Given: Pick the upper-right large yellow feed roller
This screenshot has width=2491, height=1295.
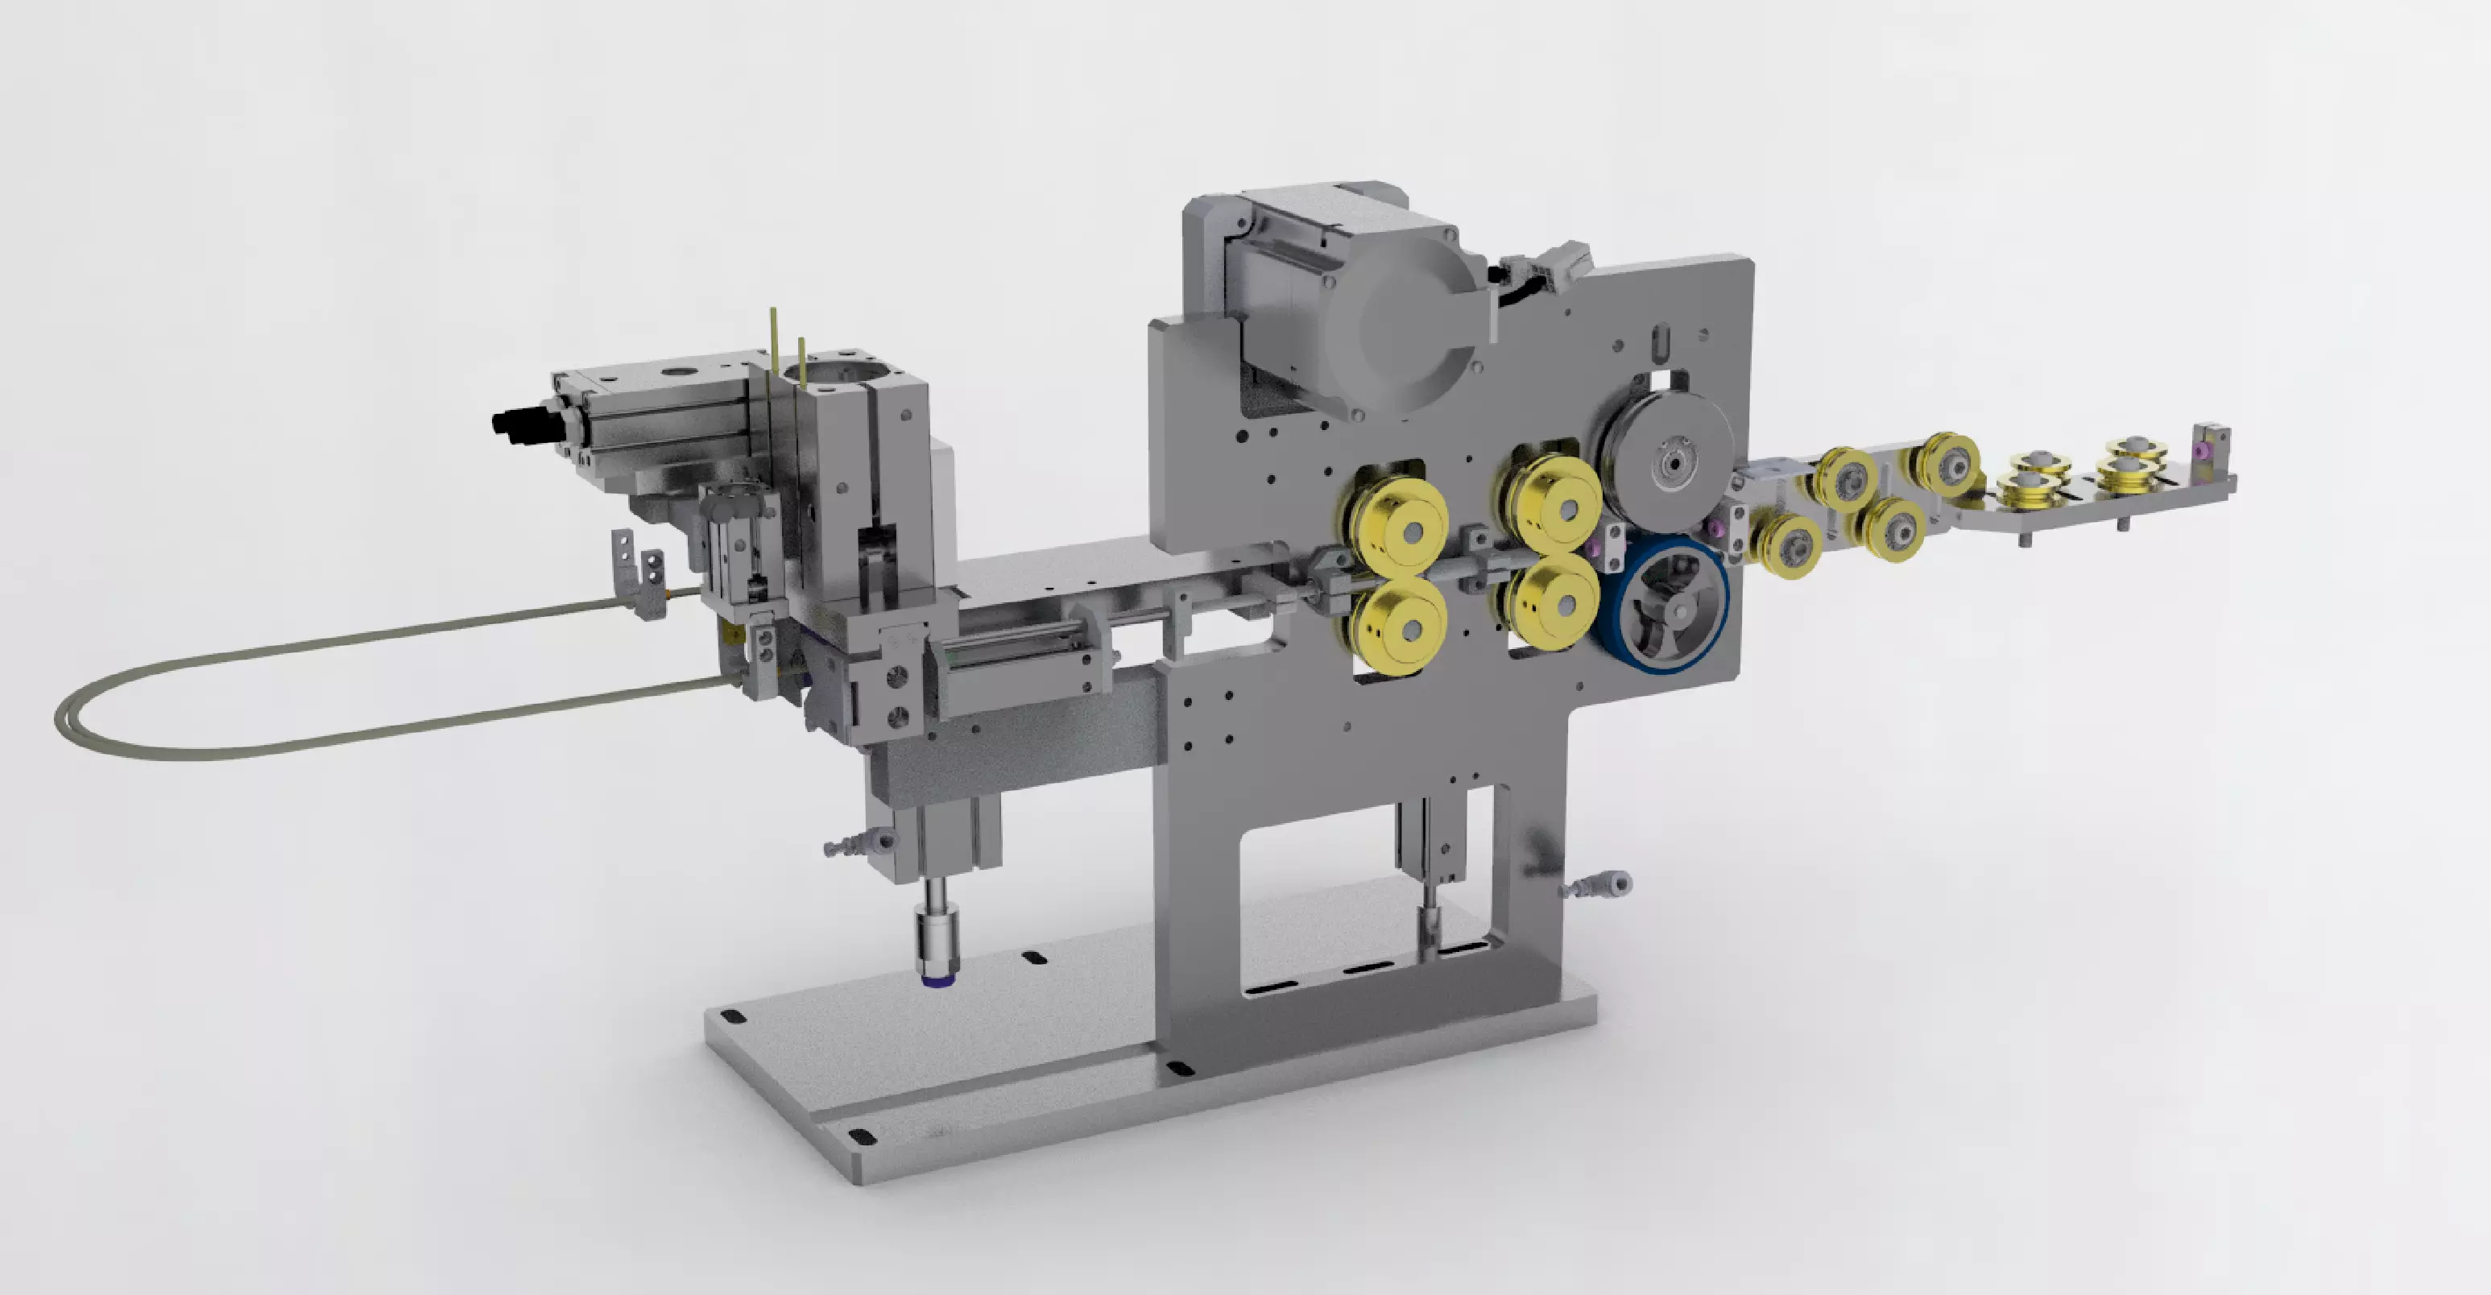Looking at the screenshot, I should (1555, 503).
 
